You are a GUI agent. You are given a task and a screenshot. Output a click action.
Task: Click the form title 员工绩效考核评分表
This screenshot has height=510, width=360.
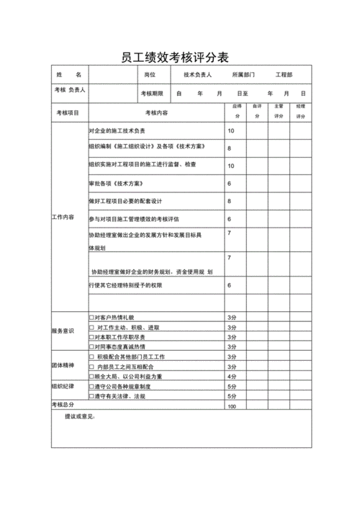click(181, 57)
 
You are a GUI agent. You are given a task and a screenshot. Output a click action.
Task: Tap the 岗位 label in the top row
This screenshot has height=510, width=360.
click(150, 75)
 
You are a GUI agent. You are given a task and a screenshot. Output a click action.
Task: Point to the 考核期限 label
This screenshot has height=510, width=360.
click(152, 94)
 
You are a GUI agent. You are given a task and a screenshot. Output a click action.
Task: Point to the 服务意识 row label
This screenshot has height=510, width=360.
click(63, 331)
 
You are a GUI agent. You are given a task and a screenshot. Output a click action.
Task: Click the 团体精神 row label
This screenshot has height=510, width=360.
click(63, 365)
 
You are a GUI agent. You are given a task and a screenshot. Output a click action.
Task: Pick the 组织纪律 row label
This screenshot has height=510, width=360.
click(63, 386)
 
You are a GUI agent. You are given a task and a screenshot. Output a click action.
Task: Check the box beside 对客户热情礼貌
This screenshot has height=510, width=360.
click(91, 318)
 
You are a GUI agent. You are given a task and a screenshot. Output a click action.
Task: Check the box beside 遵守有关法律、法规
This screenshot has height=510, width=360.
click(91, 396)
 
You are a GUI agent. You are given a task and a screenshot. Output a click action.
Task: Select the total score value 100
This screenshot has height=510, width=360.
click(232, 407)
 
